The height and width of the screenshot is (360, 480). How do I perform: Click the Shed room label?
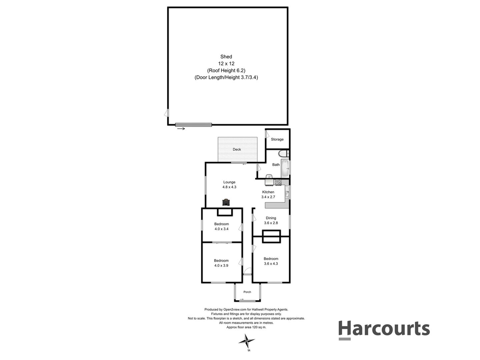(x=226, y=57)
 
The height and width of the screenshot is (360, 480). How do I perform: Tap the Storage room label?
(x=277, y=139)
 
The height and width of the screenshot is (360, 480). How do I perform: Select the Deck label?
(x=237, y=149)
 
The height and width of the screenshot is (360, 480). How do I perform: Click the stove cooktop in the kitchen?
(x=277, y=182)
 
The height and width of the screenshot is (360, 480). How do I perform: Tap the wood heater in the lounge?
(x=226, y=202)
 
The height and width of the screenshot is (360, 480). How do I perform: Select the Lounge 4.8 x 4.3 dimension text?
(x=229, y=187)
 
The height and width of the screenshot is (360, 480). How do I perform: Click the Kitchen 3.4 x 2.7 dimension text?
(x=268, y=197)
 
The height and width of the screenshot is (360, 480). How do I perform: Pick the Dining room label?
(x=271, y=218)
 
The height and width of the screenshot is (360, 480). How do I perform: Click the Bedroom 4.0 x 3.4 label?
(x=221, y=226)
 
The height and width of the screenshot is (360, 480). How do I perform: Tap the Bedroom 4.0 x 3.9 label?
(x=221, y=263)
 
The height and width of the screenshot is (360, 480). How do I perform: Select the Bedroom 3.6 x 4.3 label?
(x=271, y=261)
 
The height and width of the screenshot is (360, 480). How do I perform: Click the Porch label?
(x=247, y=292)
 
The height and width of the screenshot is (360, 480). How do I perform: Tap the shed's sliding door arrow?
(x=181, y=129)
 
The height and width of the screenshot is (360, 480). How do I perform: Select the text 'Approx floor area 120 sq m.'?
(x=246, y=327)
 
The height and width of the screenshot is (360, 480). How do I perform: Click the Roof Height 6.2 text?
(x=226, y=70)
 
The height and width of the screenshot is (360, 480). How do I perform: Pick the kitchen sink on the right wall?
(x=287, y=193)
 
